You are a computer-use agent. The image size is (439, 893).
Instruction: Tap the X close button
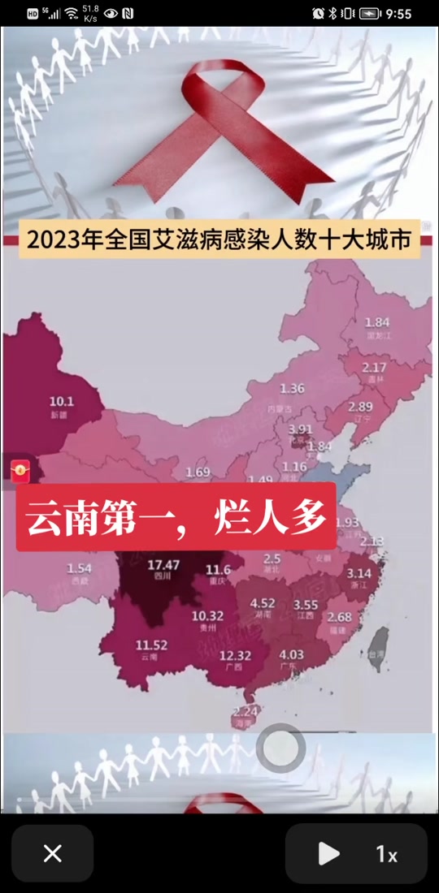[x=53, y=853]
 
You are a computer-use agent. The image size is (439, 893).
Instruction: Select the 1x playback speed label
[x=386, y=854]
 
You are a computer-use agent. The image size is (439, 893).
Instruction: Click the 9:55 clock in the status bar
[x=398, y=14]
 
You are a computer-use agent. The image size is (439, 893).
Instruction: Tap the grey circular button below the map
[x=280, y=748]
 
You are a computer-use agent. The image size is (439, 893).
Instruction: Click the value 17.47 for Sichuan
[x=163, y=565]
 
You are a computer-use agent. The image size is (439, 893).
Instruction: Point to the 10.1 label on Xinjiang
[x=62, y=401]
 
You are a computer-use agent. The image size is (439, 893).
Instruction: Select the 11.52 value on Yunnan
[x=151, y=645]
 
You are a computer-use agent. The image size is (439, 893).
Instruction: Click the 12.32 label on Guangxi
[x=237, y=656]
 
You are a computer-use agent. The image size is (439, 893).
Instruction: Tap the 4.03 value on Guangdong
[x=291, y=654]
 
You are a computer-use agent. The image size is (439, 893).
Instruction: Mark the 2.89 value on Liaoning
[x=360, y=406]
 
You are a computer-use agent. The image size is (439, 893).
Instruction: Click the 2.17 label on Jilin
[x=374, y=367]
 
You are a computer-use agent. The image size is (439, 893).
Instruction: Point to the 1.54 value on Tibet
[x=80, y=568]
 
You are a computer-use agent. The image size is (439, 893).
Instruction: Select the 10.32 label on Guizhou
[x=207, y=616]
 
